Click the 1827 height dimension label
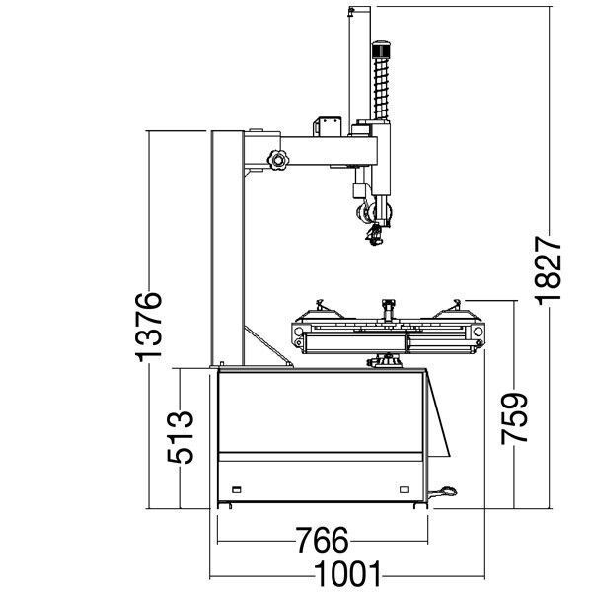point(549,270)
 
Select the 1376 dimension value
point(149,327)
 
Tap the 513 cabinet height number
point(181,437)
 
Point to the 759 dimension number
point(514,418)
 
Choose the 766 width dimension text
point(322,540)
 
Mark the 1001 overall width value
point(347,573)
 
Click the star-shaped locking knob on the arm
point(278,160)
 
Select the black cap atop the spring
point(381,49)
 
